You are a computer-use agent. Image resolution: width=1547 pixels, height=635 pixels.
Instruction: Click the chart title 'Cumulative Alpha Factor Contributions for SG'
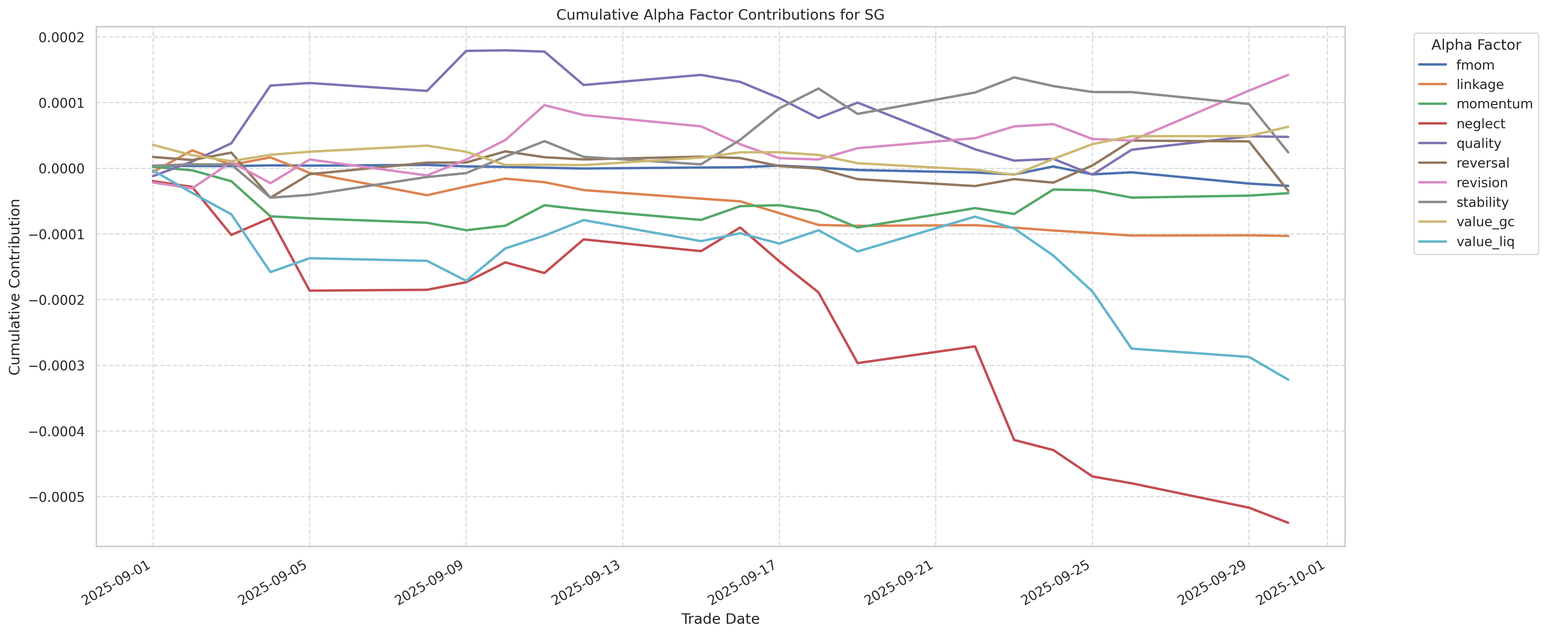pos(720,15)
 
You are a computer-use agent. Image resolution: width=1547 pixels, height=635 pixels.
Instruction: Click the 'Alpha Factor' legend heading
pos(1476,45)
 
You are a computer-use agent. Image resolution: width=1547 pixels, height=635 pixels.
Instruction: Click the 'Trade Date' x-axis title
pos(720,619)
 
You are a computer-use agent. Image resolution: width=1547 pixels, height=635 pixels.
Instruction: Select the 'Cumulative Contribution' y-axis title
pos(15,287)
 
